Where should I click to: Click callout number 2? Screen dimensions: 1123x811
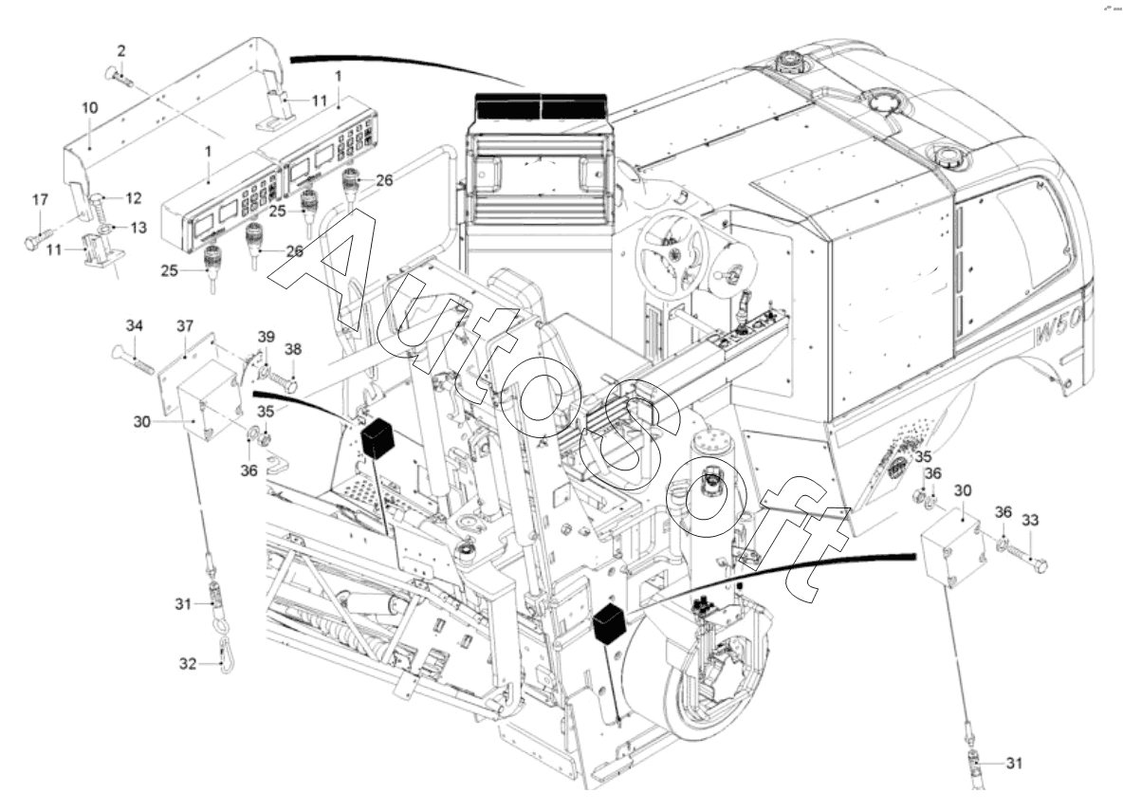pyautogui.click(x=121, y=51)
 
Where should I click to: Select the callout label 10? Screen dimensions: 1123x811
pyautogui.click(x=89, y=107)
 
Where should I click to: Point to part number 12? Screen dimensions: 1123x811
pyautogui.click(x=134, y=197)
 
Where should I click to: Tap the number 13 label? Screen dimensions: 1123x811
pyautogui.click(x=138, y=227)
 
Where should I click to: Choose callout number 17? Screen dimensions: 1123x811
pyautogui.click(x=40, y=199)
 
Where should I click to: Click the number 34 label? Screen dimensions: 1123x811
pyautogui.click(x=135, y=325)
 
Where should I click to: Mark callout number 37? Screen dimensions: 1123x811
pyautogui.click(x=185, y=326)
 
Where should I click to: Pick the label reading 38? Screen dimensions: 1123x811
pyautogui.click(x=293, y=350)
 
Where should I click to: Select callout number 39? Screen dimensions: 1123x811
pyautogui.click(x=267, y=337)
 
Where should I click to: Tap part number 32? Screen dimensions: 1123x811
pyautogui.click(x=188, y=664)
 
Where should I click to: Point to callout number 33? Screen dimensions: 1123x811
pyautogui.click(x=1030, y=520)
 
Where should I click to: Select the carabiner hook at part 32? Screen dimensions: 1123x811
pyautogui.click(x=227, y=658)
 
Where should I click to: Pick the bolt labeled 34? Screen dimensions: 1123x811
pyautogui.click(x=133, y=359)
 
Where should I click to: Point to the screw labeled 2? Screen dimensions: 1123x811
pyautogui.click(x=119, y=77)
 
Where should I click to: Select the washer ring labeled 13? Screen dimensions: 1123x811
pyautogui.click(x=105, y=229)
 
